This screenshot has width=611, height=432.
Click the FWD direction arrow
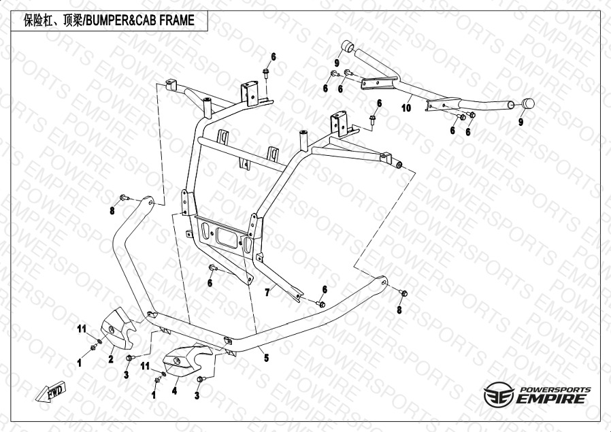(x=50, y=391)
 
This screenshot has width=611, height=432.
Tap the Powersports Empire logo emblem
(x=499, y=394)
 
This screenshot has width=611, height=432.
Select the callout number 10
(x=406, y=107)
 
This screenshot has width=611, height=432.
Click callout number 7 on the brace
(x=267, y=292)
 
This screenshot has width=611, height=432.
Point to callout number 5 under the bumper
(x=266, y=358)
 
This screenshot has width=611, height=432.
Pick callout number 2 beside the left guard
(x=111, y=359)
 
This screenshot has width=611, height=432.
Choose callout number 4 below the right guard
(x=174, y=391)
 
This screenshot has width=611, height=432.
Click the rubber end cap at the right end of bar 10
(x=527, y=103)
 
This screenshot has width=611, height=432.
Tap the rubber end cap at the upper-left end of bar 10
(x=348, y=46)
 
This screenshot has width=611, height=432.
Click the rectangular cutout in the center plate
(x=226, y=235)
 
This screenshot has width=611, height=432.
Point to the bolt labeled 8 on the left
(x=125, y=198)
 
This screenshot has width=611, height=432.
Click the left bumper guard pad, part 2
(x=116, y=327)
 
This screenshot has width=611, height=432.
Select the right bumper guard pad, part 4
(x=184, y=361)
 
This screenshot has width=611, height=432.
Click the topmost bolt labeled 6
(x=266, y=73)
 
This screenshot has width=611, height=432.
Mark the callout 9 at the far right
(x=521, y=122)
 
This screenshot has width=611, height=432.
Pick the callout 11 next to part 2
(x=82, y=329)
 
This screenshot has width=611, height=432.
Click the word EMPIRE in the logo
(x=551, y=399)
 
